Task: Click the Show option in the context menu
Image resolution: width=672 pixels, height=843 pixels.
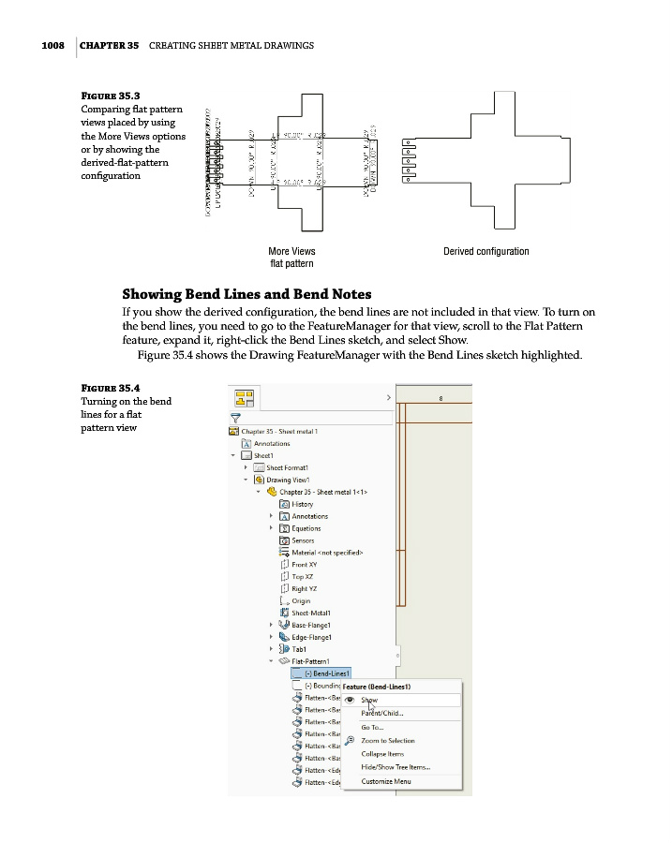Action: coord(369,700)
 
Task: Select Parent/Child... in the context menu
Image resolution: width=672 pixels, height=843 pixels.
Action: coord(382,713)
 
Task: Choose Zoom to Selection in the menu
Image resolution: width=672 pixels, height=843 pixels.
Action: coord(387,741)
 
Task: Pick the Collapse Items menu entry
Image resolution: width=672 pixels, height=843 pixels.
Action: coord(382,754)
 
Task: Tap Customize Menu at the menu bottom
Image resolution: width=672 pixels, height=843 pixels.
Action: coord(386,781)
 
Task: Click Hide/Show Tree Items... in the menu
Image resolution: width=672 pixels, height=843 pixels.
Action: coord(396,767)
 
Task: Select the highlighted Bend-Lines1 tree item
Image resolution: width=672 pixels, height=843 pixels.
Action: coord(329,673)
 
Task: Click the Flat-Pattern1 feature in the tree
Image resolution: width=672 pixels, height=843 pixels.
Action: coord(319,661)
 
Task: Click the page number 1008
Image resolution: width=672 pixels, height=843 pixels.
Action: coord(52,45)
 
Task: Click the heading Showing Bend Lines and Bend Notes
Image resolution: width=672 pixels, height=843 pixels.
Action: coord(246,294)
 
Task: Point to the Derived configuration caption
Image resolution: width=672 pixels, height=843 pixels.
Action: coord(485,251)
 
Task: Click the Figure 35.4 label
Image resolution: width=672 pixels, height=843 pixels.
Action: coord(111,388)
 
